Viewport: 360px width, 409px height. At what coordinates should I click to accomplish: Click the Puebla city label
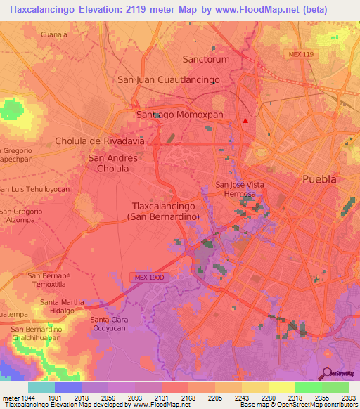click(319, 179)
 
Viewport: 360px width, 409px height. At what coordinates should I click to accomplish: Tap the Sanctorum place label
click(206, 60)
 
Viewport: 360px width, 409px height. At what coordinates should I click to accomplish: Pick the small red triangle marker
click(245, 120)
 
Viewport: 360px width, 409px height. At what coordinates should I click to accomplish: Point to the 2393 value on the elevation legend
click(347, 398)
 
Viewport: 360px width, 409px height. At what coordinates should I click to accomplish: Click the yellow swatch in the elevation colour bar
click(281, 387)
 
